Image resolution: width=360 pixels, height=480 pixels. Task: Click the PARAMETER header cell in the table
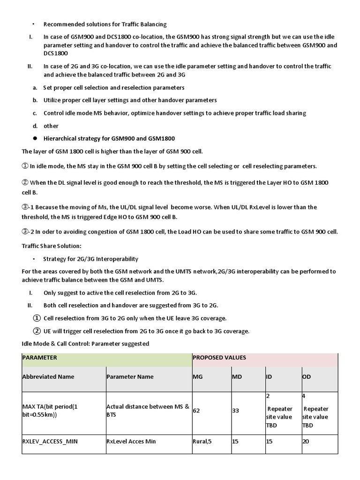[x=40, y=358]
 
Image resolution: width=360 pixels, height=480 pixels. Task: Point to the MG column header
[x=198, y=377]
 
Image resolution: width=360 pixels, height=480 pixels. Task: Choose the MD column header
[x=237, y=377]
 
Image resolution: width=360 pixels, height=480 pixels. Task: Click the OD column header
[x=307, y=377]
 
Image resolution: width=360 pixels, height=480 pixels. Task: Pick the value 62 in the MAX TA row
[x=196, y=411]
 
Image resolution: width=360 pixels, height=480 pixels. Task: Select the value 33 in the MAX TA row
[x=236, y=411]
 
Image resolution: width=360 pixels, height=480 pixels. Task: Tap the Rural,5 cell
[x=202, y=441]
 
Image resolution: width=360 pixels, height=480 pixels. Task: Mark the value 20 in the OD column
[x=306, y=441]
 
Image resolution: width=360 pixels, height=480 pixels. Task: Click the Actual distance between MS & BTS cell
[x=147, y=410]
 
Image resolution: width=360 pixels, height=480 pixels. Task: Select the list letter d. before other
[x=35, y=126]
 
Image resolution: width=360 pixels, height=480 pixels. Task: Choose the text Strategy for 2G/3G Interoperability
[x=90, y=259]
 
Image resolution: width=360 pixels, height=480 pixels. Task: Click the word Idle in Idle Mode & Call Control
[x=28, y=344]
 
